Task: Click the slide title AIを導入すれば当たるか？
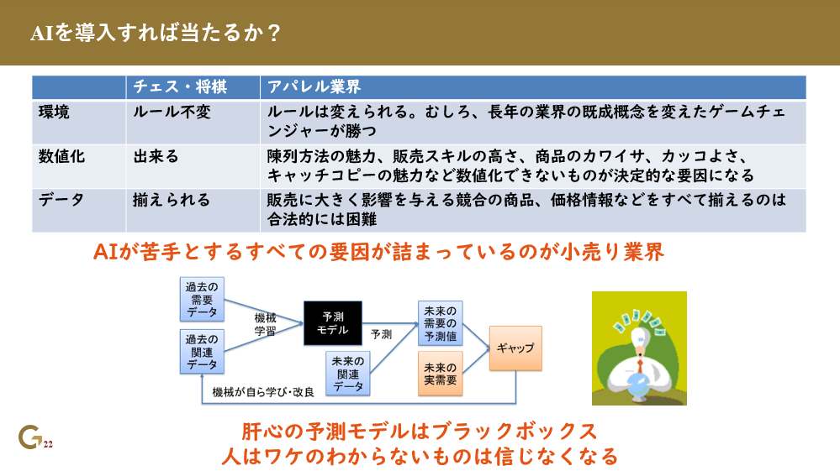155,34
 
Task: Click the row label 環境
55,112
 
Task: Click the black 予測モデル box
332,323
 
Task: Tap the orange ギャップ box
515,348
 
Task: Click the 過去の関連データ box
202,352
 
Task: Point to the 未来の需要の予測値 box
441,323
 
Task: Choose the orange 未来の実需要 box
441,374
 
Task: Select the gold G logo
29,437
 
